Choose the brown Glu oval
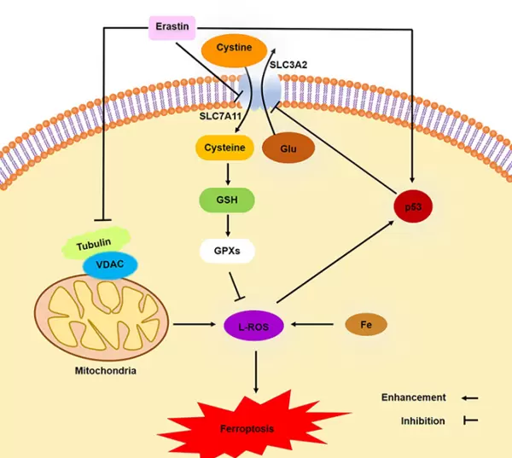pos(288,148)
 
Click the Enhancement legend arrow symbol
pos(470,397)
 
